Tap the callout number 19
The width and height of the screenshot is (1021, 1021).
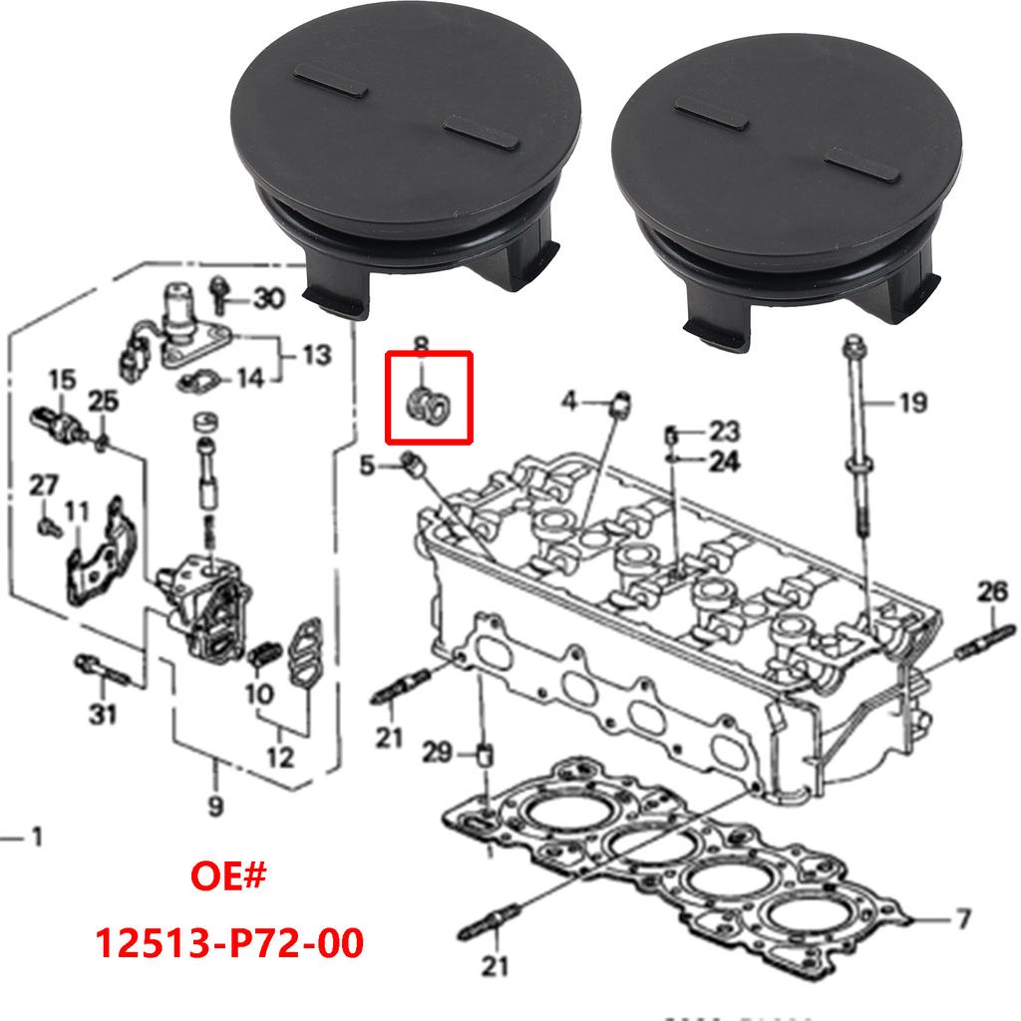(911, 404)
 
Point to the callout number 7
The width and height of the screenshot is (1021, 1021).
(962, 917)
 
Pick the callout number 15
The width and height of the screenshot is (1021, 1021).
(62, 380)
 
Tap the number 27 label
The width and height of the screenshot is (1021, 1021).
(43, 486)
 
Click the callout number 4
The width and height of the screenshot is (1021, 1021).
(568, 402)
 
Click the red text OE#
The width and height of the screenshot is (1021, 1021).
(229, 879)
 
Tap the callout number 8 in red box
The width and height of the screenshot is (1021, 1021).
(421, 347)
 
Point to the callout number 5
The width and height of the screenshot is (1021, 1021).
(367, 464)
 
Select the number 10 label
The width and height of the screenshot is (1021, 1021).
(257, 693)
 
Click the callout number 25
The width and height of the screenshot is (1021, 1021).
(103, 402)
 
